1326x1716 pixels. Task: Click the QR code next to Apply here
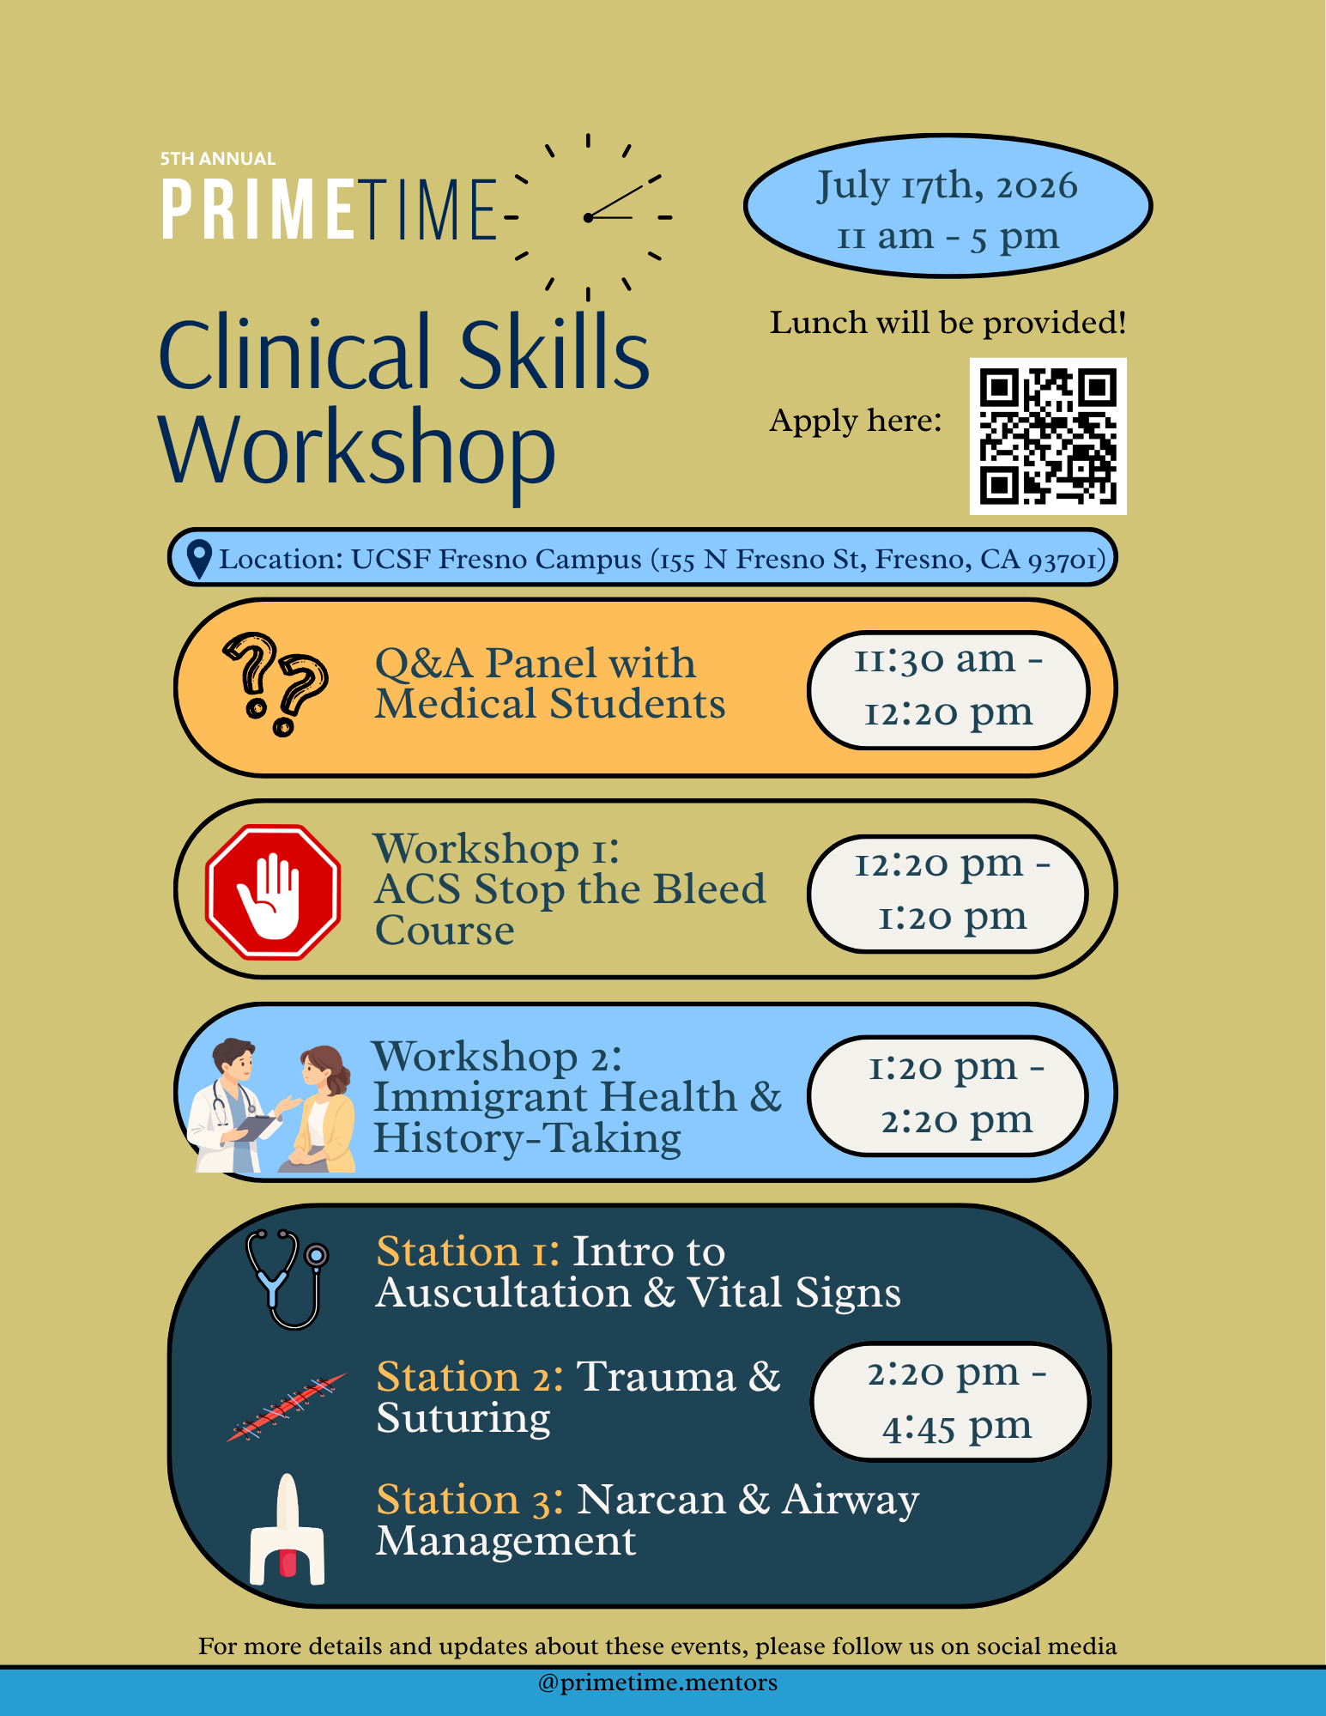(x=1048, y=436)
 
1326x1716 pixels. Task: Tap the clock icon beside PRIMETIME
(x=588, y=217)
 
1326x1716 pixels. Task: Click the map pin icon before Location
(x=199, y=559)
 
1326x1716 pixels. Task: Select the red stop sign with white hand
(x=273, y=892)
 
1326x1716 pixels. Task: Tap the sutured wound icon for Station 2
(x=287, y=1407)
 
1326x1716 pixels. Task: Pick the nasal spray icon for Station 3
(x=288, y=1529)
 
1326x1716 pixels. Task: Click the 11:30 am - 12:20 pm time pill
(x=948, y=690)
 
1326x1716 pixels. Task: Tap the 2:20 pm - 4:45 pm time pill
(x=951, y=1402)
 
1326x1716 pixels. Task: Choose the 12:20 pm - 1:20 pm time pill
(x=948, y=894)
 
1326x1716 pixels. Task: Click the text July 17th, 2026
(x=947, y=185)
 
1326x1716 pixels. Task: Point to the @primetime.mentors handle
(x=657, y=1683)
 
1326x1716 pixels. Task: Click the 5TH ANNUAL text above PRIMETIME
(x=218, y=159)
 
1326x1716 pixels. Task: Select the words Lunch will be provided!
(x=948, y=323)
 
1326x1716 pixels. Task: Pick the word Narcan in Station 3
(x=652, y=1500)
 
